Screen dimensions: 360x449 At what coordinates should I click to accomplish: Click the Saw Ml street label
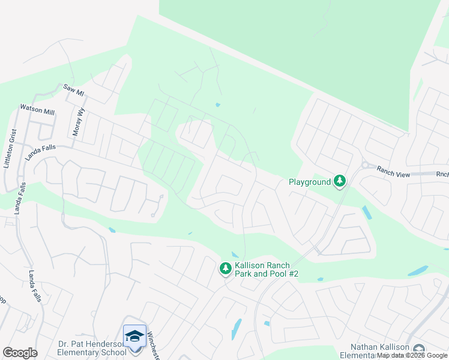[x=74, y=89]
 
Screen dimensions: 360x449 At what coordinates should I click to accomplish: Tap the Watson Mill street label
[x=37, y=109]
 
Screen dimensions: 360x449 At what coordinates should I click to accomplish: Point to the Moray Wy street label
[x=78, y=122]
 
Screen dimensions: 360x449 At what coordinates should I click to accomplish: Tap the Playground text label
[x=310, y=182]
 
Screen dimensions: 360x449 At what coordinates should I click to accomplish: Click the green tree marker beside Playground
[x=340, y=181]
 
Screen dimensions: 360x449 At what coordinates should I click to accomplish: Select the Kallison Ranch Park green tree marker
[x=226, y=269]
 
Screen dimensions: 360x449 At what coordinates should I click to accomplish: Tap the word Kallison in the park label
[x=254, y=265]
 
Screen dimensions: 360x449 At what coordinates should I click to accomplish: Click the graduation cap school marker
[x=135, y=335]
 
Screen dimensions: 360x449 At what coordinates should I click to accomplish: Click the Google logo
[x=20, y=353]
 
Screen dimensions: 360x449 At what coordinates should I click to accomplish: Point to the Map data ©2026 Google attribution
[x=412, y=356]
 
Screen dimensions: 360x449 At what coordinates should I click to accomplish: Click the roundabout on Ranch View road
[x=364, y=164]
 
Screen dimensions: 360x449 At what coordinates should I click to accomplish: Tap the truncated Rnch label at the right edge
[x=442, y=175]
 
